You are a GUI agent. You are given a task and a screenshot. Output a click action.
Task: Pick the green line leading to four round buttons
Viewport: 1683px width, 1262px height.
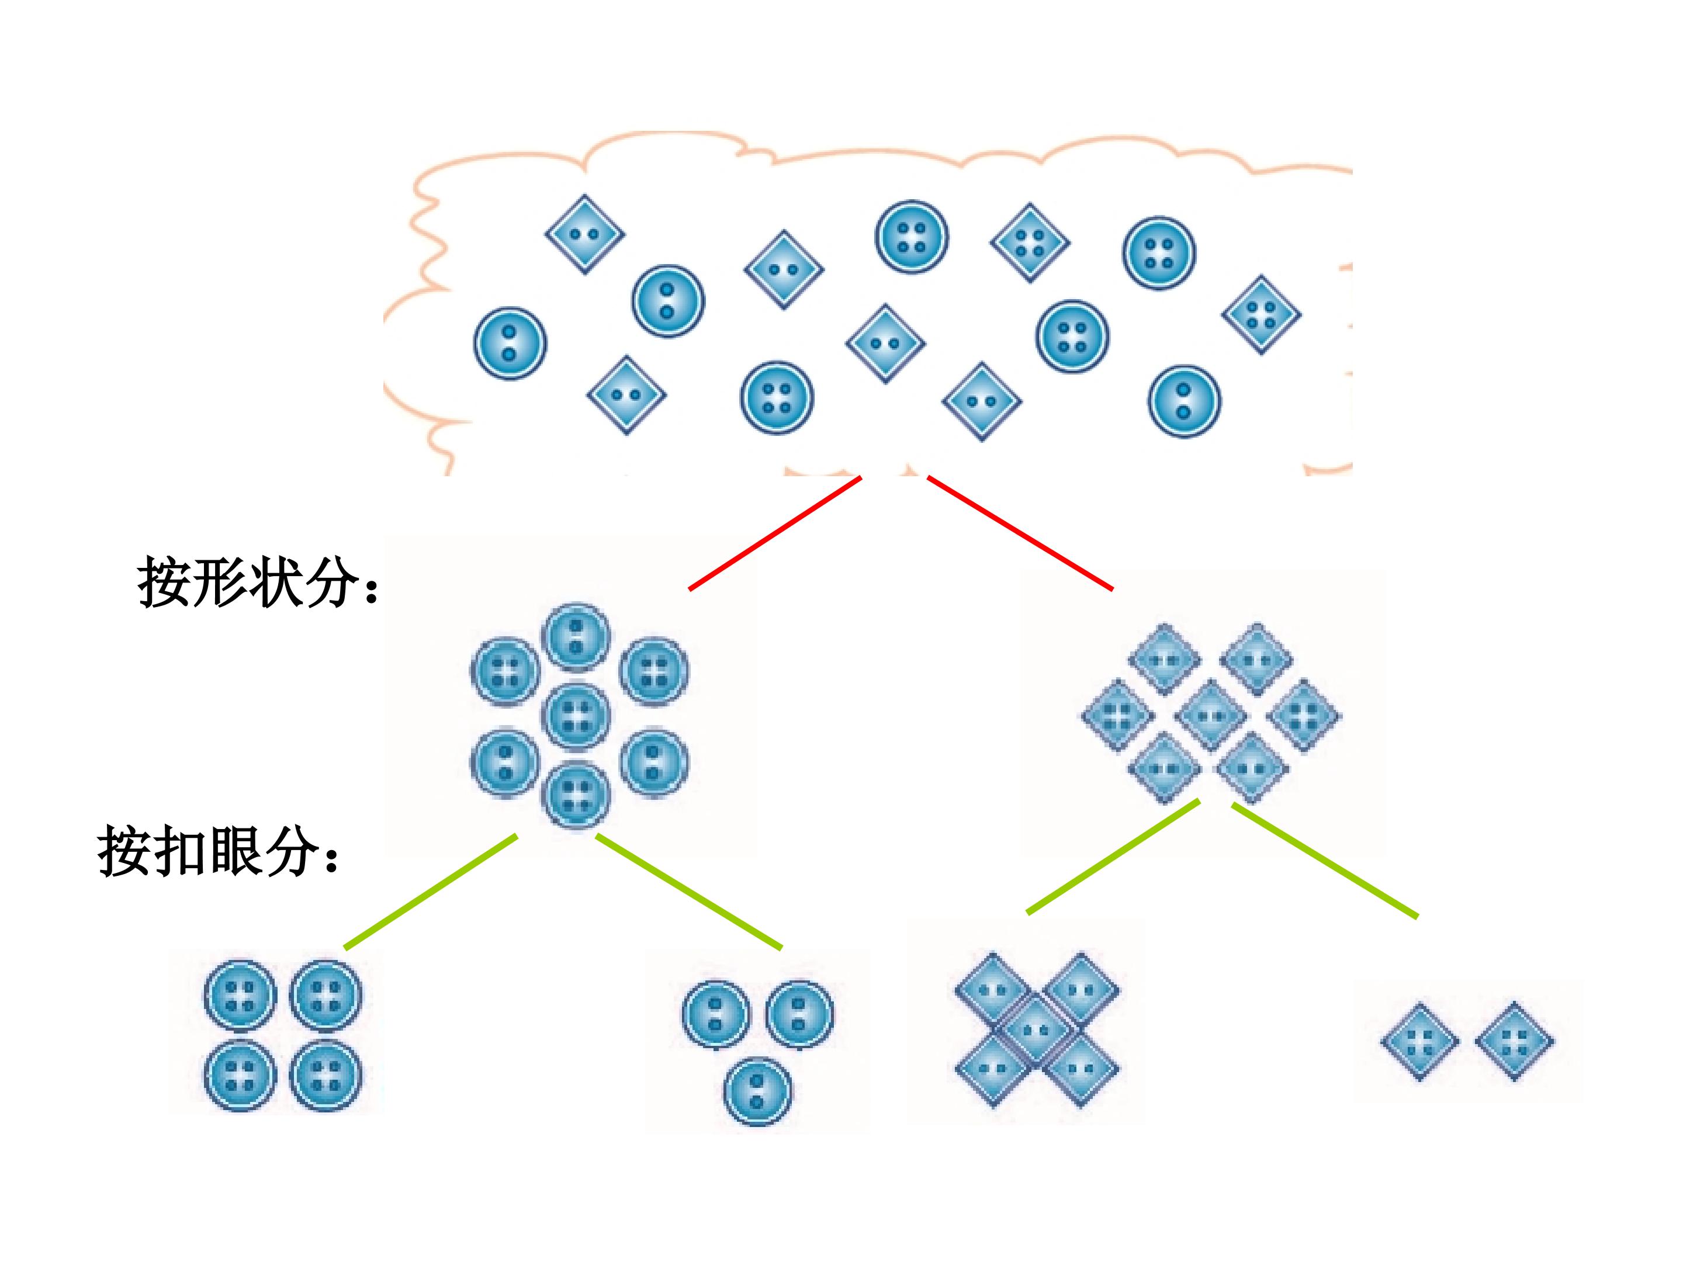click(431, 892)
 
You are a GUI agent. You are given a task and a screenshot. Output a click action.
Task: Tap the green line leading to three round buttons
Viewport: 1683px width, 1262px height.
click(688, 892)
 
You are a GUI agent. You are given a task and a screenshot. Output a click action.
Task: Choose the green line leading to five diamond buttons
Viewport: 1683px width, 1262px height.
click(1113, 856)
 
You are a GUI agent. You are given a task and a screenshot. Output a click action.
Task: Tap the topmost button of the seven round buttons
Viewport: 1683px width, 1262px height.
click(577, 637)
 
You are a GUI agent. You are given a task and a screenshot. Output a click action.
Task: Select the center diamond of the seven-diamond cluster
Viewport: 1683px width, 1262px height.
click(1210, 716)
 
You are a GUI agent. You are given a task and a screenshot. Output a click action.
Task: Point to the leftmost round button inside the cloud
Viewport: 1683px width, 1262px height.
click(510, 343)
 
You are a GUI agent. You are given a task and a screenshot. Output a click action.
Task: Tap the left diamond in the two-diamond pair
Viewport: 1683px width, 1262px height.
click(1420, 1041)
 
